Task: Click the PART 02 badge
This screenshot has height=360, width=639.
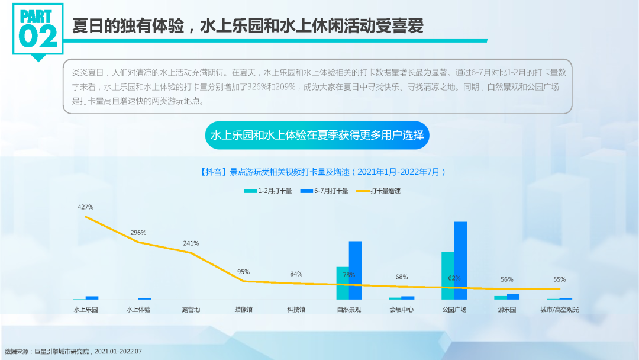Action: point(38,30)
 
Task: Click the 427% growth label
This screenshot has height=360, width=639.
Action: point(85,207)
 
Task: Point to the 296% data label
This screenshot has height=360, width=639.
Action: point(138,233)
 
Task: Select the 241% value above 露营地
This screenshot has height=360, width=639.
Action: point(191,243)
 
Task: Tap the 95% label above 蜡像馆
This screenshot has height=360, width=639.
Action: point(243,272)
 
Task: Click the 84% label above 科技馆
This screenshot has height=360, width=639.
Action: point(296,274)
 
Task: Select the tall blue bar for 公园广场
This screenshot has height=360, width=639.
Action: point(460,261)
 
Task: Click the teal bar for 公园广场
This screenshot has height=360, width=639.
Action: point(448,275)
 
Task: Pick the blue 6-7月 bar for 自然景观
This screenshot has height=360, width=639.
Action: point(355,270)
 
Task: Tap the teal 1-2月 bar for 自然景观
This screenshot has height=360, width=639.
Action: point(343,283)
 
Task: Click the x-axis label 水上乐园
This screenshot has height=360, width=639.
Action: point(86,310)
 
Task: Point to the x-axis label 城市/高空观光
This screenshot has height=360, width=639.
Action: point(559,310)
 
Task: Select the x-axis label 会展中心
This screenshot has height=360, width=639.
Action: point(401,310)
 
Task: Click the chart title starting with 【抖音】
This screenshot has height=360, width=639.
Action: point(319,172)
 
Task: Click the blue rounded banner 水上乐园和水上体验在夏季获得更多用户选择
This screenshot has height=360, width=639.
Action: point(317,136)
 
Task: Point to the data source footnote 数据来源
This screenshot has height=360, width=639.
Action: point(73,351)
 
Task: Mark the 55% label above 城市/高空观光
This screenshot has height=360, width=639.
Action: point(559,279)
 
